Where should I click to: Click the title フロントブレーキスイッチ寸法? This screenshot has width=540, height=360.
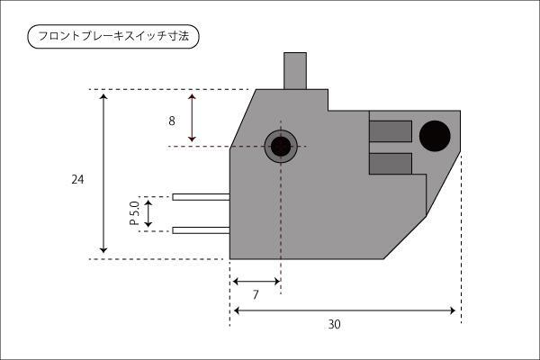pos(113,36)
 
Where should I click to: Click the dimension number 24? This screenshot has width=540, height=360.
pos(77,179)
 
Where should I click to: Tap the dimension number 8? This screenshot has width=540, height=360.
pos(172,121)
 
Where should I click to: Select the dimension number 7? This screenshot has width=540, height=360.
pos(256,295)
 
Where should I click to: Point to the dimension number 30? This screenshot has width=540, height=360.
pos(335,324)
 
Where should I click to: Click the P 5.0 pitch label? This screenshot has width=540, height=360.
pos(134,213)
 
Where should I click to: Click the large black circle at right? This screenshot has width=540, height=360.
pos(435,136)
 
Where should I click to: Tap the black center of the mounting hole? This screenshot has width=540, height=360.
pos(281,147)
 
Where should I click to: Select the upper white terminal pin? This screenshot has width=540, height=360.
pos(201,197)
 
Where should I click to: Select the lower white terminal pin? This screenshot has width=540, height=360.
pos(201,230)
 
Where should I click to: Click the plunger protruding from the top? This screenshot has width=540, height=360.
pos(295,71)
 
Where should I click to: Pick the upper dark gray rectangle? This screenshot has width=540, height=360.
pos(391,131)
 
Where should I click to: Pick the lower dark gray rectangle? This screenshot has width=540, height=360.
pos(391,164)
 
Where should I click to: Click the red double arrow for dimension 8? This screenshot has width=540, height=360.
pos(193,118)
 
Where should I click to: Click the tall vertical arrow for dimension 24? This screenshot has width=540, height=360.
pos(103,174)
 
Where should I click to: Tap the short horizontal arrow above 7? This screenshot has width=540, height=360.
pos(256,282)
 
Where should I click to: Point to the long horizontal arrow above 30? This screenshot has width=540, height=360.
pos(344,310)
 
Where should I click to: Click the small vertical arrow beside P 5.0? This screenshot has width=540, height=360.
pos(148,213)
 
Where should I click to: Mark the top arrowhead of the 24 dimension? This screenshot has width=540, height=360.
pos(103,96)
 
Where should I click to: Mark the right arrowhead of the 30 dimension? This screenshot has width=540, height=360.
pos(452,310)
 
